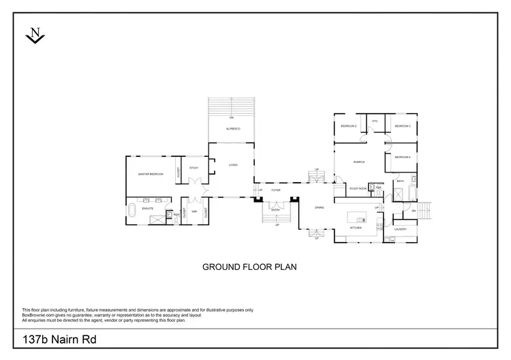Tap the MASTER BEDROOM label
tap(151, 175)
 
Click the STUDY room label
tap(193, 168)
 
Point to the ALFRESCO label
tap(232, 128)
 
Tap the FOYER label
tap(275, 190)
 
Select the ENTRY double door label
tap(276, 210)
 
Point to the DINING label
tap(319, 207)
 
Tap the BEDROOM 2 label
tap(349, 126)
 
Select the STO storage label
tap(375, 121)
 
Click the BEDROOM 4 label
tap(403, 157)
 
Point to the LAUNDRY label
tap(400, 229)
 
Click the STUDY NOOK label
tap(358, 188)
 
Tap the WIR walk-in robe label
tap(194, 211)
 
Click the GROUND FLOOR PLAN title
tap(249, 267)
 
